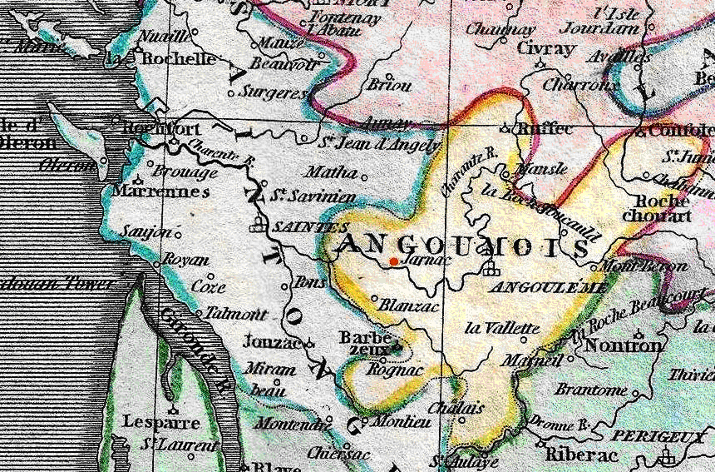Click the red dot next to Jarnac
point(393,261)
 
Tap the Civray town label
point(545,48)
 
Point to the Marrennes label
point(160,191)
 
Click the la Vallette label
point(502,327)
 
